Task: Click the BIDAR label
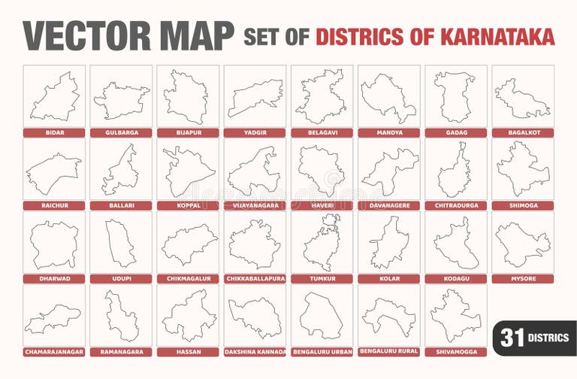pyautogui.click(x=53, y=133)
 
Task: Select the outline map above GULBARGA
pyautogui.click(x=121, y=100)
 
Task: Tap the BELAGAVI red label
pyautogui.click(x=321, y=133)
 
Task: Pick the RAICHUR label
pyautogui.click(x=53, y=205)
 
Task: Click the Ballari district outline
pyautogui.click(x=120, y=171)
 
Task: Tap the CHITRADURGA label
pyautogui.click(x=455, y=205)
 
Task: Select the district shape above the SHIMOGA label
pyautogui.click(x=522, y=169)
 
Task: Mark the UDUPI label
pyautogui.click(x=120, y=278)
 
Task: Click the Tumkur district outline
pyautogui.click(x=322, y=242)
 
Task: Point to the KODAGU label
pyautogui.click(x=455, y=278)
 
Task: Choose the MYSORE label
pyautogui.click(x=522, y=278)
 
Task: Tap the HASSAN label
pyautogui.click(x=188, y=351)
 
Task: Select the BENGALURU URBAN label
pyautogui.click(x=321, y=351)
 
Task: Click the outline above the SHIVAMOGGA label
pyautogui.click(x=455, y=315)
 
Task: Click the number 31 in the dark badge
pyautogui.click(x=512, y=338)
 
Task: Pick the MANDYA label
pyautogui.click(x=388, y=133)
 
